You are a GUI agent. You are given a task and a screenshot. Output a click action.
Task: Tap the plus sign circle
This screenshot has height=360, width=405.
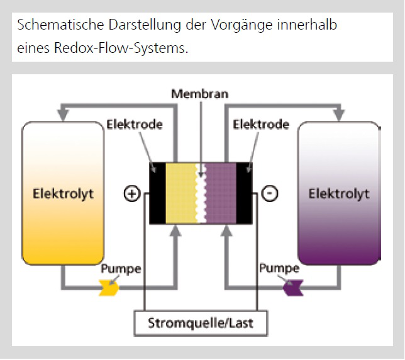[x=131, y=194]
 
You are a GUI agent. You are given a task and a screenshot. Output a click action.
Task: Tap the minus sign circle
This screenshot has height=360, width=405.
[x=270, y=194]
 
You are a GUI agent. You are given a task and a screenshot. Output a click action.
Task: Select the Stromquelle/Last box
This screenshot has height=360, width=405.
[x=199, y=324]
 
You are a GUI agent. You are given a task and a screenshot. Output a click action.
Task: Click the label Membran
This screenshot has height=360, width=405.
[x=199, y=94]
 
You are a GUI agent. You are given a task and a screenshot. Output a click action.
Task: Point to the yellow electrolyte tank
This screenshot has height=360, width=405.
[x=63, y=193]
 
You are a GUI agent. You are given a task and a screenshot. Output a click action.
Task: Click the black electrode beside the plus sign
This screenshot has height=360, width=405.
[x=157, y=193]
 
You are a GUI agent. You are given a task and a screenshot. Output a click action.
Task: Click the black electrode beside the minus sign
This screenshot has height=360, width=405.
[x=244, y=193]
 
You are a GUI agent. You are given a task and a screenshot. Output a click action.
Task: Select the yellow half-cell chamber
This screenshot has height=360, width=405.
[x=180, y=193]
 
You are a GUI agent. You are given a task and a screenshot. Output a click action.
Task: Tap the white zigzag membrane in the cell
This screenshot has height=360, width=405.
[x=201, y=193]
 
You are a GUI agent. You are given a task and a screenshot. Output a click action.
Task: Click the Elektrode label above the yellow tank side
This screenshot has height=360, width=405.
[x=135, y=125]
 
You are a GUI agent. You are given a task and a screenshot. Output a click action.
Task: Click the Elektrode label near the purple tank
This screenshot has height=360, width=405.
[x=261, y=125]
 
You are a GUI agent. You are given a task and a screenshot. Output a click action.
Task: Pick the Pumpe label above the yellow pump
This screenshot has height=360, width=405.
[x=121, y=269]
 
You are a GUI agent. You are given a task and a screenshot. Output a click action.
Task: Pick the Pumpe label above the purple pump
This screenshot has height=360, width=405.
[x=279, y=269]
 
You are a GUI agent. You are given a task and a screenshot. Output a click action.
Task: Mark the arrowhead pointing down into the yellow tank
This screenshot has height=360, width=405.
[x=63, y=115]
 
